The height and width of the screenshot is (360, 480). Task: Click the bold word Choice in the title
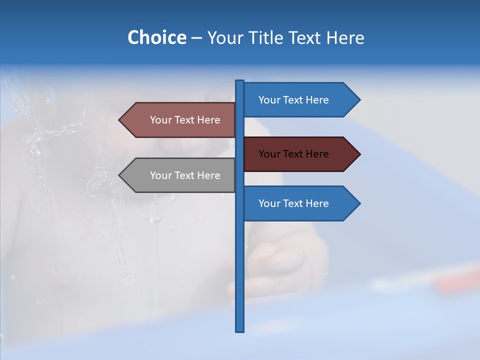pyautogui.click(x=156, y=37)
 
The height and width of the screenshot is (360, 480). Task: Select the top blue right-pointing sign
pyautogui.click(x=295, y=100)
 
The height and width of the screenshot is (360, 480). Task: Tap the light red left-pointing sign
pyautogui.click(x=180, y=120)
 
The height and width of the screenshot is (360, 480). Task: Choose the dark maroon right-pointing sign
pyautogui.click(x=295, y=154)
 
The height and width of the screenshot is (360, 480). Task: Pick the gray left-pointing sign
pyautogui.click(x=180, y=175)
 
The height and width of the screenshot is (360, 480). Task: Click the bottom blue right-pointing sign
pyautogui.click(x=295, y=203)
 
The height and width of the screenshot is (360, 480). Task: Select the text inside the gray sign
pyautogui.click(x=185, y=175)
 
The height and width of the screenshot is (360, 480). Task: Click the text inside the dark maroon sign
pyautogui.click(x=293, y=154)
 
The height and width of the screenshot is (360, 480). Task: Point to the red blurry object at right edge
pyautogui.click(x=457, y=280)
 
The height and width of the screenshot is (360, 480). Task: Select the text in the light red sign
pyautogui.click(x=185, y=120)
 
